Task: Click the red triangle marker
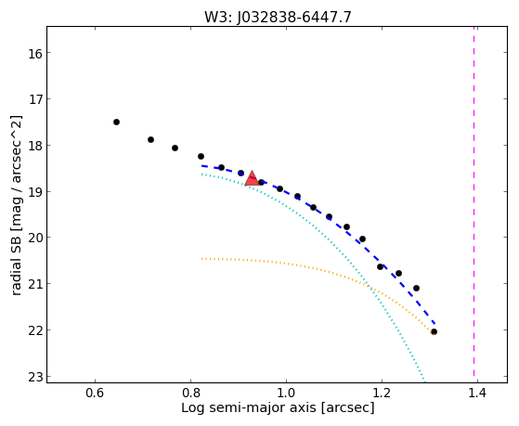(252, 179)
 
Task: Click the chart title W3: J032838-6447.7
(278, 17)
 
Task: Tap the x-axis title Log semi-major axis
(278, 407)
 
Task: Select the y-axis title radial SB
(16, 205)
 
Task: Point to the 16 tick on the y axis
(35, 53)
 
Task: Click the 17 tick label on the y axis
(35, 99)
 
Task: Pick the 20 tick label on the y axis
(35, 238)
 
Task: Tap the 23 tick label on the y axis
(35, 377)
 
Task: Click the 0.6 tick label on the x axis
(95, 393)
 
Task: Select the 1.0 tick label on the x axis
(286, 393)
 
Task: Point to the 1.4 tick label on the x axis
(477, 393)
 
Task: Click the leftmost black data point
(116, 123)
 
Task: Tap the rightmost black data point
(434, 331)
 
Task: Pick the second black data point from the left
(150, 140)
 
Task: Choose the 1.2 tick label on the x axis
(382, 393)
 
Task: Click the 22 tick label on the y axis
(35, 330)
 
